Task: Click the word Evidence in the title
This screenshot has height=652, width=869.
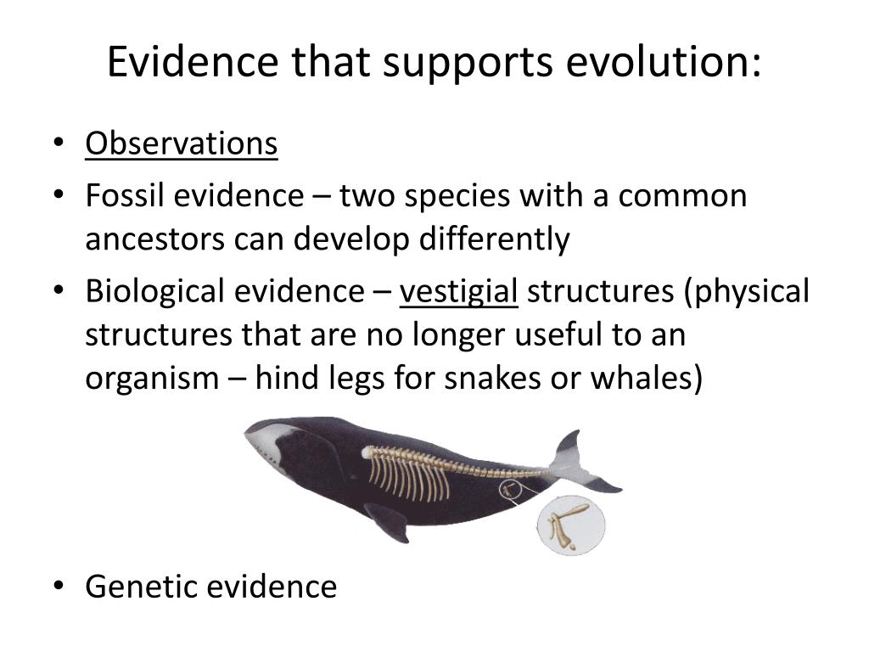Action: coord(193,61)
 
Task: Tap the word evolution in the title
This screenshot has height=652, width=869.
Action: coord(664,61)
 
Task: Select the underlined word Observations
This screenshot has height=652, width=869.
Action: coord(182,143)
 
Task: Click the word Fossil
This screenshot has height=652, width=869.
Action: coord(125,195)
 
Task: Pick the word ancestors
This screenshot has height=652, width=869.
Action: coord(154,240)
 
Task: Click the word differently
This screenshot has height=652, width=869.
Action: coord(495,240)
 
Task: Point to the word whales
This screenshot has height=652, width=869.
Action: coord(642,378)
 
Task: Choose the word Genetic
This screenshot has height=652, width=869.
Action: coord(142,587)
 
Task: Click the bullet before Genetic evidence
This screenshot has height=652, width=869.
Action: coord(59,586)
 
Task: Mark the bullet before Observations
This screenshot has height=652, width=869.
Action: coord(59,143)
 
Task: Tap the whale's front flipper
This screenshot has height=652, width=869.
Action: coord(388,522)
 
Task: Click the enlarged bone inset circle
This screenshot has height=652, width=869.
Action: coord(571,526)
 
